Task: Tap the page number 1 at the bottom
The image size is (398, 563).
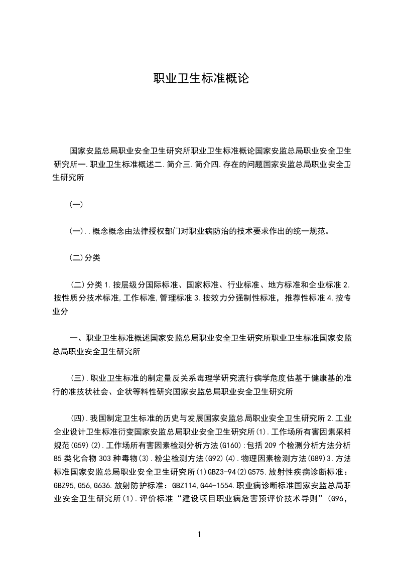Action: (199, 534)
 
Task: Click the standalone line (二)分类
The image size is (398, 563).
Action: (85, 258)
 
